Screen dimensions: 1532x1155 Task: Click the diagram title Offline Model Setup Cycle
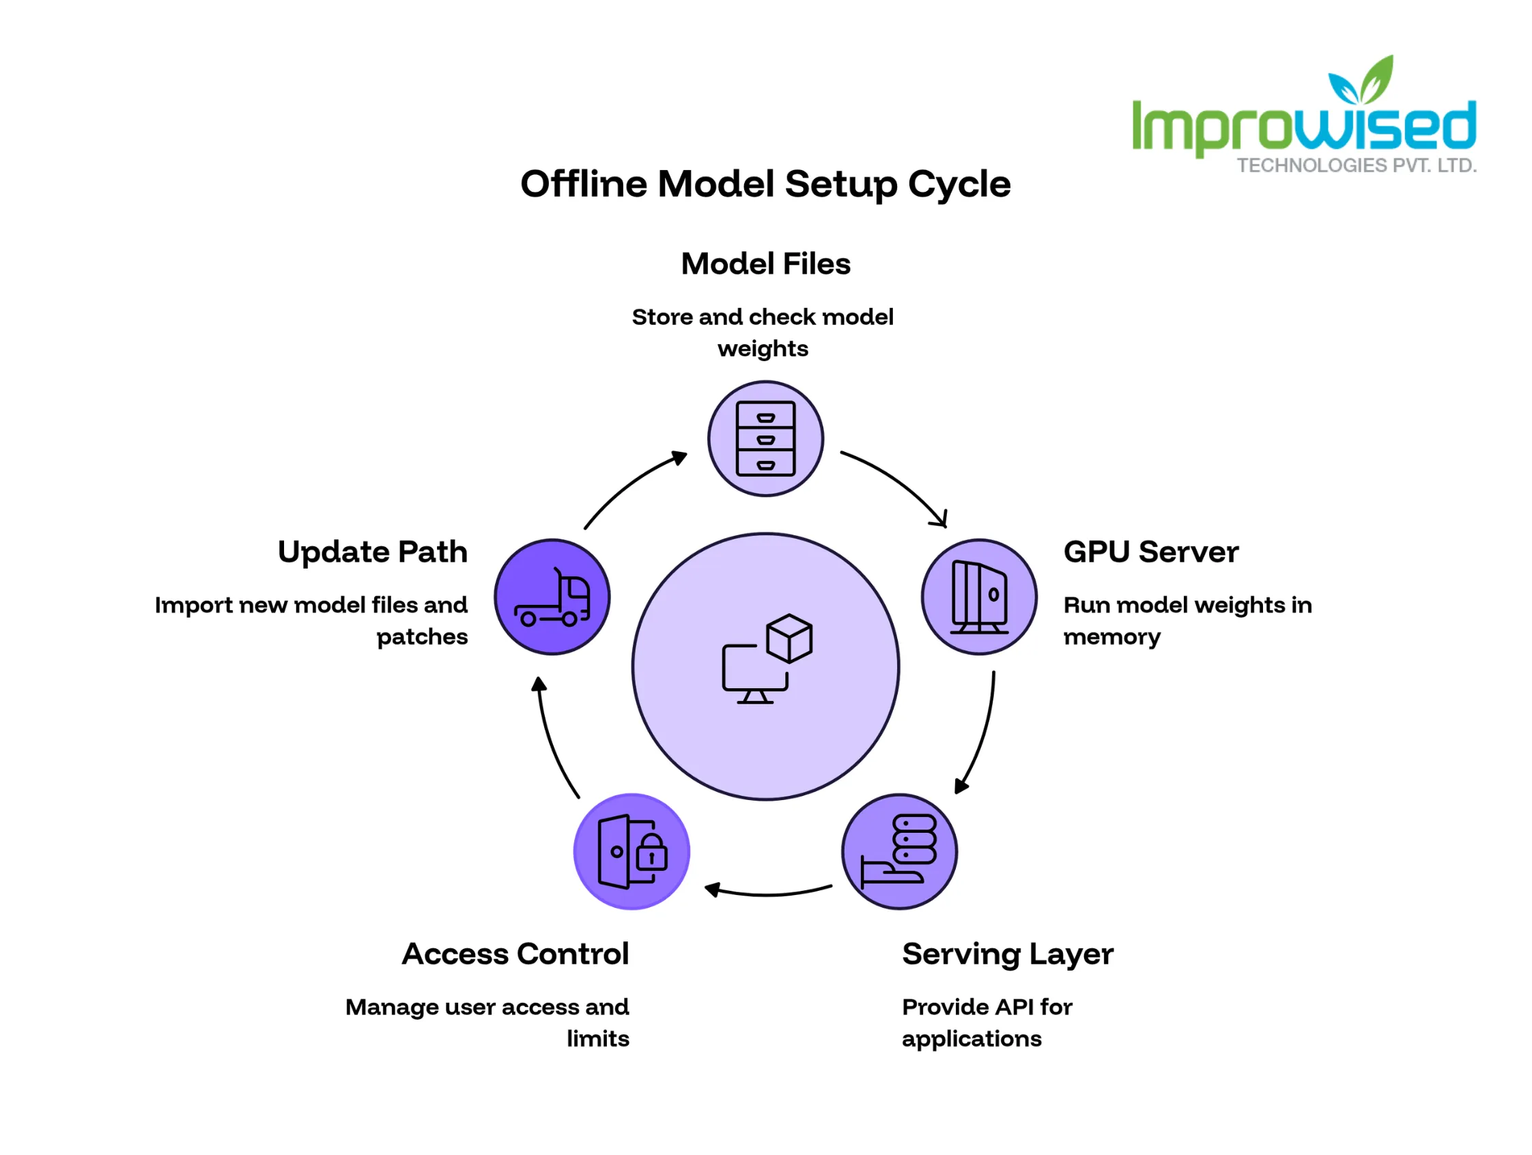(765, 184)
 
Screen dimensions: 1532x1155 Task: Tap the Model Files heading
(765, 263)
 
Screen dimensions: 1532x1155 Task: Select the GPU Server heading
(1151, 552)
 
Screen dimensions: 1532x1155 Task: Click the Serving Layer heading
(1008, 955)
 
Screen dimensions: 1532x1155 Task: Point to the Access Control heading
(515, 954)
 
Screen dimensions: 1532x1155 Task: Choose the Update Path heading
(373, 552)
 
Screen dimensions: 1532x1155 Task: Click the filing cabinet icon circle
(766, 438)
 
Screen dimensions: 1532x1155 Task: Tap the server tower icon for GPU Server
(979, 597)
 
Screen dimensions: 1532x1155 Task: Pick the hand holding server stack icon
(899, 851)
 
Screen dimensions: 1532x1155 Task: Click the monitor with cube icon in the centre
(767, 659)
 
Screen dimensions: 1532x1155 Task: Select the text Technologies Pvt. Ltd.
(1357, 165)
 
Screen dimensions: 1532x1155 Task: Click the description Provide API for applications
(987, 1023)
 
